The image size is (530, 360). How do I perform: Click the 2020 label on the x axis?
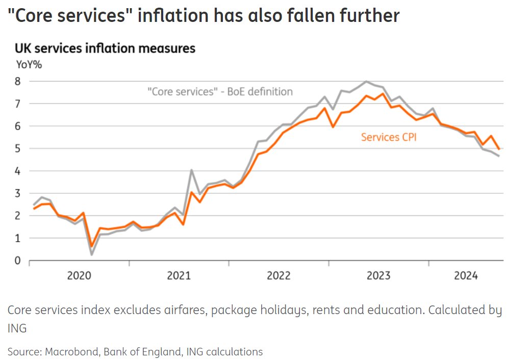pos(80,276)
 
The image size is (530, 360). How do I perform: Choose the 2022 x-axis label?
pos(279,276)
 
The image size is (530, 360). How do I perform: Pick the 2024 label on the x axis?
pos(466,276)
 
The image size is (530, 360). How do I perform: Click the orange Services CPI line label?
pos(389,137)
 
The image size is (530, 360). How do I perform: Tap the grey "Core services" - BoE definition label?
pos(220,92)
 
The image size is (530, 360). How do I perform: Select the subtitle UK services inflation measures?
pos(105,48)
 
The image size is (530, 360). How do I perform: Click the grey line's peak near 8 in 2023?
pos(366,81)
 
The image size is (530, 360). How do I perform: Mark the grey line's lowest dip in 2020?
pos(91,254)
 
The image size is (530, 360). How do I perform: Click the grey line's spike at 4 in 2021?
pos(191,170)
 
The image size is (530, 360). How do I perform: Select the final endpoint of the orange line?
pos(498,149)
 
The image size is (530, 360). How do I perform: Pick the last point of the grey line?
pos(498,156)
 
